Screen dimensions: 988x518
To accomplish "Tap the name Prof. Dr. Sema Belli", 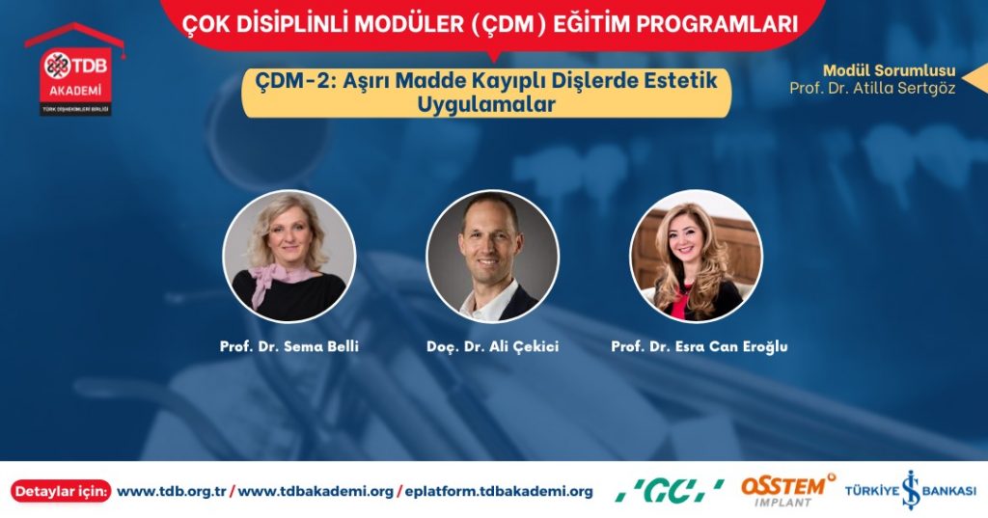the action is click(x=289, y=346).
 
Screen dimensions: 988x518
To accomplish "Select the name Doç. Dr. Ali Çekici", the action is click(x=492, y=346).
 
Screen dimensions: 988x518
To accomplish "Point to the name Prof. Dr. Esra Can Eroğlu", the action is click(x=700, y=346).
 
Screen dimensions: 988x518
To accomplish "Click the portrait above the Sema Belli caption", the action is click(x=289, y=257).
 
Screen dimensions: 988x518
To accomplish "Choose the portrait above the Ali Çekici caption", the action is click(x=492, y=257).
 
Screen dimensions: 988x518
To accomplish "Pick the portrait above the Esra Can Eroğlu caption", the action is click(x=697, y=257).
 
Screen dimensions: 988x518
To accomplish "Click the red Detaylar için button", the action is click(x=61, y=492).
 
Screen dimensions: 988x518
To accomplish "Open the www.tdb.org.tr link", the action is click(x=172, y=492).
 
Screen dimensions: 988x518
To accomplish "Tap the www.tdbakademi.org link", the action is click(x=316, y=492).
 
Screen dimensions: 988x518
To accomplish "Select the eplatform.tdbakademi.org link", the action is click(x=499, y=492).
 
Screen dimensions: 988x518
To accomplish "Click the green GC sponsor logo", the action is click(x=670, y=491).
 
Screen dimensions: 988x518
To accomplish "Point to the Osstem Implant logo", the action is click(x=788, y=491).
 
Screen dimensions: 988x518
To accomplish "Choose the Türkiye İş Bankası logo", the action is click(x=911, y=490).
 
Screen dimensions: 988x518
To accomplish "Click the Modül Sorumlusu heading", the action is click(x=889, y=70).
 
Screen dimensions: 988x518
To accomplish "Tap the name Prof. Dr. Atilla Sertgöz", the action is click(x=872, y=88).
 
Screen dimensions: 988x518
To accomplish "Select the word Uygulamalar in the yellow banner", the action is click(x=486, y=104).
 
